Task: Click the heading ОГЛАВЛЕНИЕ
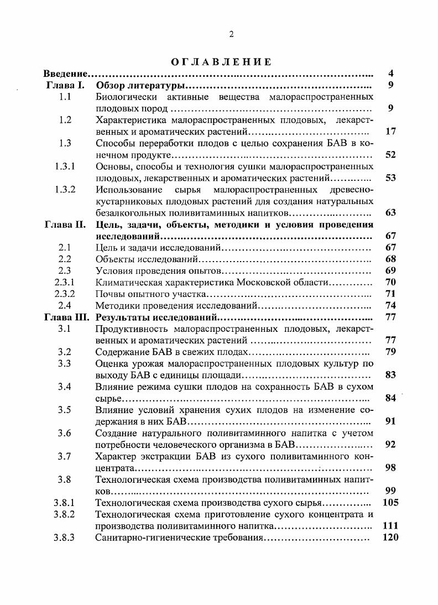click(221, 62)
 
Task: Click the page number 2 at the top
click(231, 34)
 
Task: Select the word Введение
click(66, 74)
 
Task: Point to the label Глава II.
click(65, 225)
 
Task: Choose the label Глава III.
click(66, 317)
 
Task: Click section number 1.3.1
click(65, 166)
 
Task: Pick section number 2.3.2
click(65, 294)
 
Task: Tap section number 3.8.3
click(65, 537)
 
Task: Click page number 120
click(390, 537)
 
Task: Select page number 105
click(390, 503)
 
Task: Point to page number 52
click(390, 155)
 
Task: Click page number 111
click(390, 526)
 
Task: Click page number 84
click(390, 398)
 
